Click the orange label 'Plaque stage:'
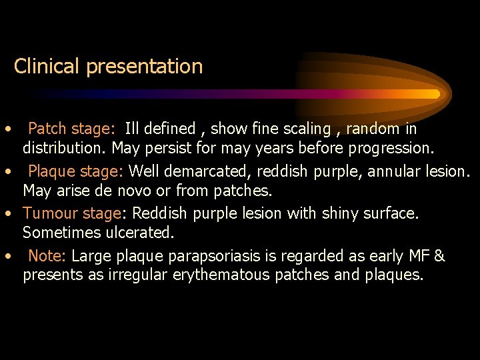[75, 172]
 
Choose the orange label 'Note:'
[47, 256]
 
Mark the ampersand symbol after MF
[439, 256]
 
